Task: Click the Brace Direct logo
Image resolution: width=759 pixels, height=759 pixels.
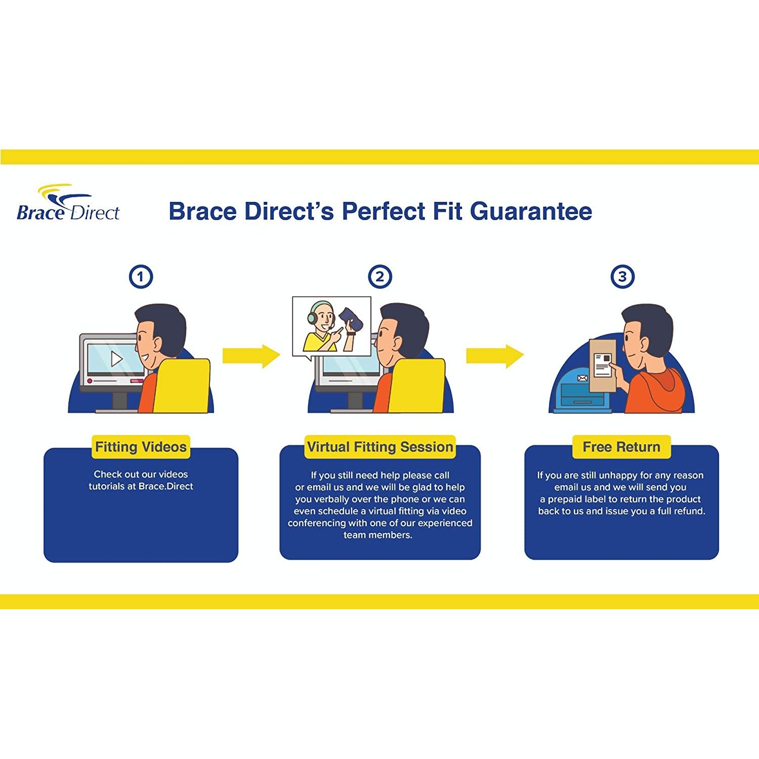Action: pyautogui.click(x=68, y=203)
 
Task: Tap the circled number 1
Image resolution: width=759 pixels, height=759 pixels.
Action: pyautogui.click(x=141, y=277)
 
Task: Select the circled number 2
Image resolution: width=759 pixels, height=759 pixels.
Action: pyautogui.click(x=379, y=277)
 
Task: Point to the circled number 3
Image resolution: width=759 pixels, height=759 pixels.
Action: pyautogui.click(x=622, y=277)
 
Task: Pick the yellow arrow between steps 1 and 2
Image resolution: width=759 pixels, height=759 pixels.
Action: pyautogui.click(x=251, y=356)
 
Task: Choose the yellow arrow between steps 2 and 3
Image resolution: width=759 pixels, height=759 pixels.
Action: pyautogui.click(x=494, y=356)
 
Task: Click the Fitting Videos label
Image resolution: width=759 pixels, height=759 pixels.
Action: pyautogui.click(x=141, y=447)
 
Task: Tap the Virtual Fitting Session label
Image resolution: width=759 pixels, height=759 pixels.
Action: pyautogui.click(x=379, y=447)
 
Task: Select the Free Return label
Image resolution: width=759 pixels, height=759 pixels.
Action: pyautogui.click(x=621, y=447)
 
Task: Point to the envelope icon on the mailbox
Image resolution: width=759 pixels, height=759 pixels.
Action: pyautogui.click(x=582, y=378)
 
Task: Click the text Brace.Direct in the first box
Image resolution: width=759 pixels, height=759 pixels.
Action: pyautogui.click(x=166, y=486)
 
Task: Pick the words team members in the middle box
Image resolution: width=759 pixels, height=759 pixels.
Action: pyautogui.click(x=377, y=535)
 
